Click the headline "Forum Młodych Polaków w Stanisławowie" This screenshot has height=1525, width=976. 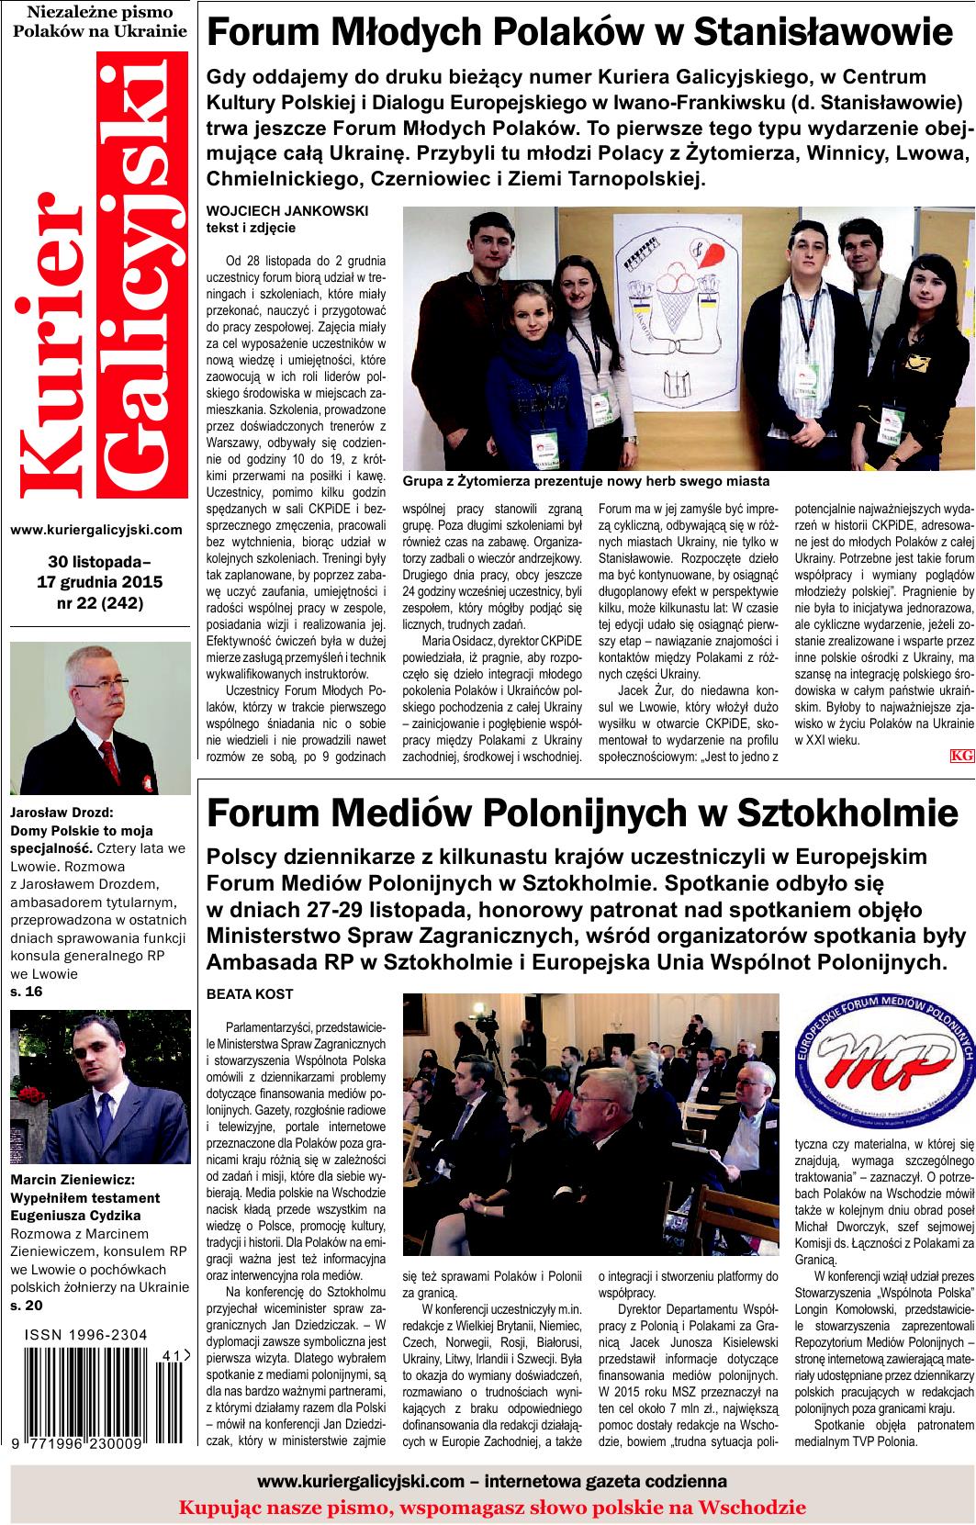pyautogui.click(x=580, y=33)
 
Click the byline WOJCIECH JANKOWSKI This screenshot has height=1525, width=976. pyautogui.click(x=286, y=210)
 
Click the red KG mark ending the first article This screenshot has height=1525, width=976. pyautogui.click(x=961, y=755)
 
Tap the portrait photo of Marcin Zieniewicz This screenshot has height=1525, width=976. pyautogui.click(x=99, y=1087)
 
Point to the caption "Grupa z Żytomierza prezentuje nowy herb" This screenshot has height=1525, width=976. pyautogui.click(x=586, y=481)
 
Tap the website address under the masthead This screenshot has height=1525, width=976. pyautogui.click(x=96, y=530)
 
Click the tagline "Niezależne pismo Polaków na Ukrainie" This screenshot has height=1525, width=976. pyautogui.click(x=99, y=21)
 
